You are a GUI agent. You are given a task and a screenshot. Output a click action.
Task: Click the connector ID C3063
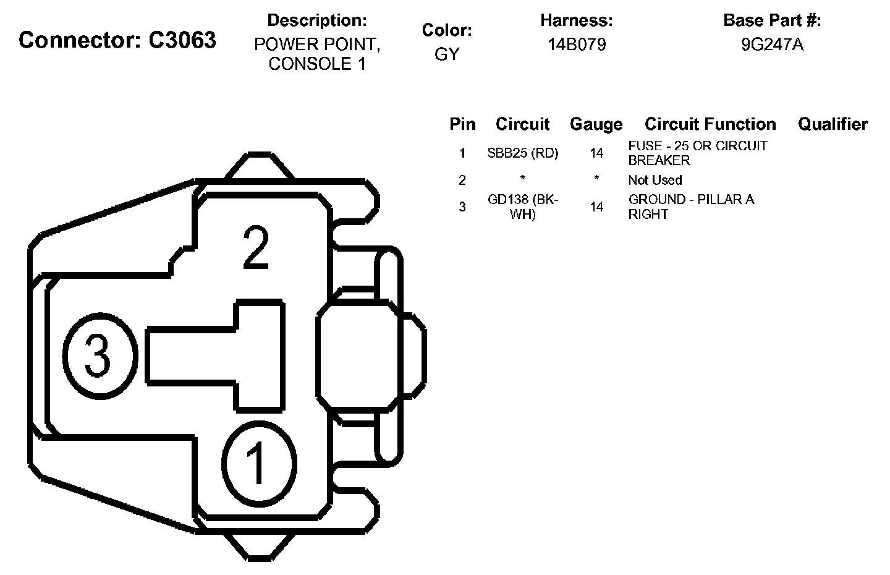(x=182, y=40)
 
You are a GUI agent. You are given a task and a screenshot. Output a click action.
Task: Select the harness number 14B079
(x=577, y=45)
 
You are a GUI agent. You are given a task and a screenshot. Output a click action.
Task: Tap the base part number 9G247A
(x=773, y=45)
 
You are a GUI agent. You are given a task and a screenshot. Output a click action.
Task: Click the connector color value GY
(x=447, y=54)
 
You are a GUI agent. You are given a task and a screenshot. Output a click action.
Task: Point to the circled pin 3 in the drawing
(x=100, y=356)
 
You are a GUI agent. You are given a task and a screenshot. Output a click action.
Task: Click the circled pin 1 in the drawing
(x=259, y=464)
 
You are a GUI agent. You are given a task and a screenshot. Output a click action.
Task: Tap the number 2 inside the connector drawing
(x=256, y=247)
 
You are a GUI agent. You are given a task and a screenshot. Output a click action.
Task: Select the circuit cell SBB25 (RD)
(x=522, y=153)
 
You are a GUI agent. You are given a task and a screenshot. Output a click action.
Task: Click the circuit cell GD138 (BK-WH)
(x=522, y=207)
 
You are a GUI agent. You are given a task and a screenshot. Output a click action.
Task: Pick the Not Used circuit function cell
(x=655, y=181)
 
